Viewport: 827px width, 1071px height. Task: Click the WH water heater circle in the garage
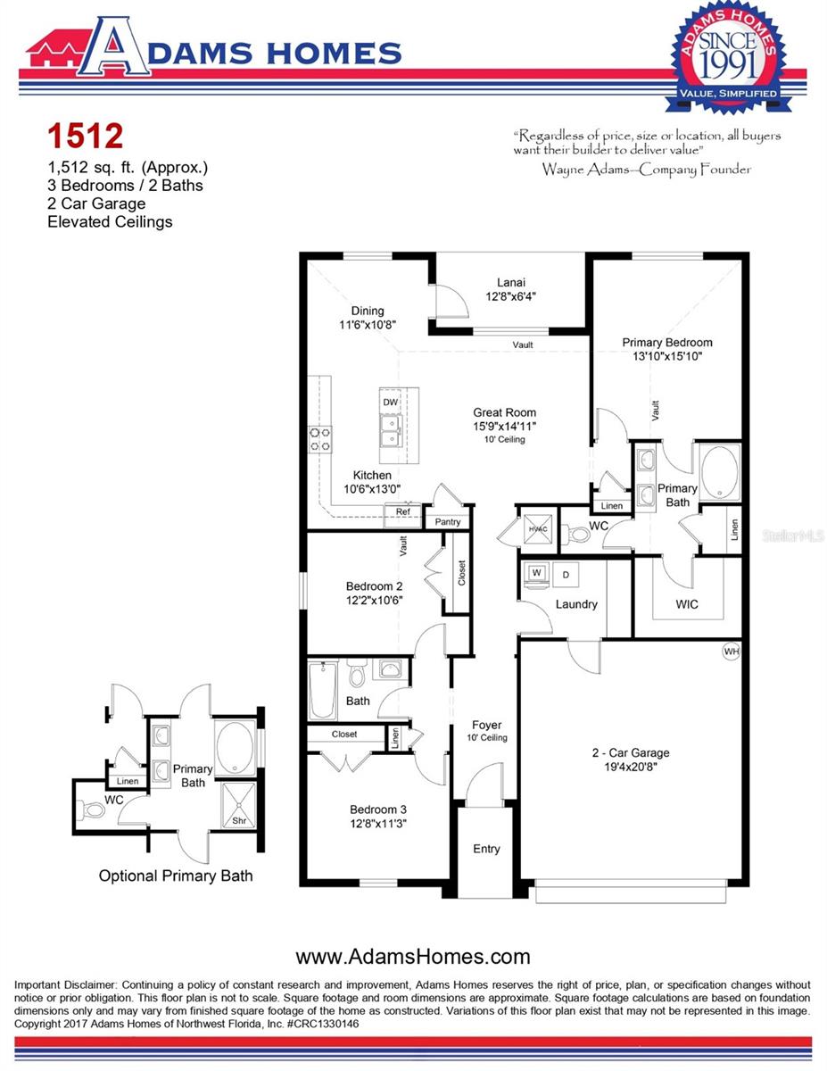point(732,652)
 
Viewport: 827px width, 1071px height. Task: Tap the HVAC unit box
point(537,529)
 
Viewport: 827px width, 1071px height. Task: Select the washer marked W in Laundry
point(537,573)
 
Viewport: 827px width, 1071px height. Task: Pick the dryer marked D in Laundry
point(566,574)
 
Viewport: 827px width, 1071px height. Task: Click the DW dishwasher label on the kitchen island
point(390,403)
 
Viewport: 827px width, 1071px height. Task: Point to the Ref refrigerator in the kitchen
point(402,512)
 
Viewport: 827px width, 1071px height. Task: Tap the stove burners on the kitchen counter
point(320,438)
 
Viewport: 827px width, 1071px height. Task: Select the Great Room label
point(505,412)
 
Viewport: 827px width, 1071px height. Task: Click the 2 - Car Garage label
point(631,752)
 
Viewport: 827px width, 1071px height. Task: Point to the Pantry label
point(447,522)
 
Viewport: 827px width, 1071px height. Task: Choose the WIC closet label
point(687,604)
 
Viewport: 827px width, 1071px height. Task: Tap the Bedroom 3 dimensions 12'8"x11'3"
point(379,824)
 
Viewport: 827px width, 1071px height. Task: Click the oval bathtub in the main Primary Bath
point(721,473)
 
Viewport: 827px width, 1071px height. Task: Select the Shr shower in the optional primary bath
point(238,820)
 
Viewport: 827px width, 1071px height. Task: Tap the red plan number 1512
point(85,137)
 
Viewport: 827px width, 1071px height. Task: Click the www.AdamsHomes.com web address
point(413,958)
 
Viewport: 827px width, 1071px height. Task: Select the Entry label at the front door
point(486,849)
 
